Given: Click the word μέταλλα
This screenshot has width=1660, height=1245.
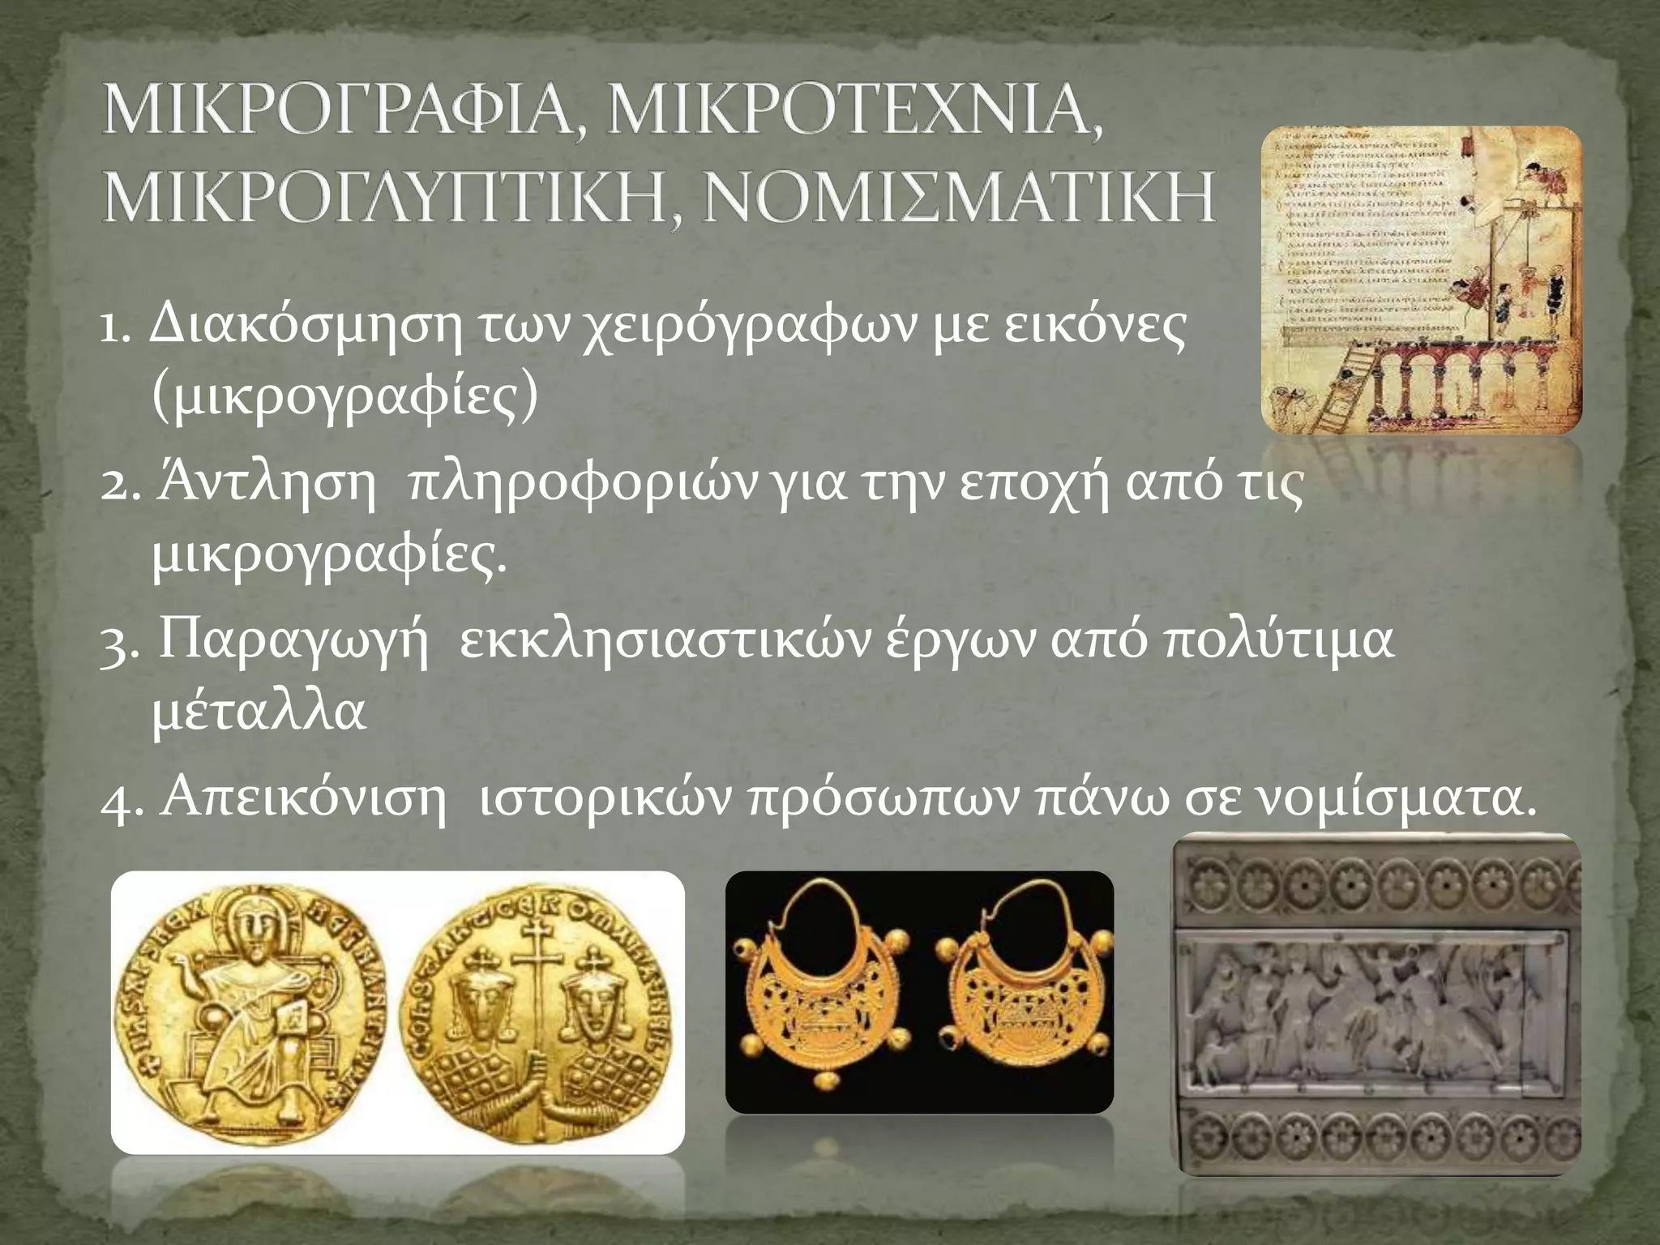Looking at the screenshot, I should click(259, 712).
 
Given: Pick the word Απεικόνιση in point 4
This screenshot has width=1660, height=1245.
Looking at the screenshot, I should click(304, 798).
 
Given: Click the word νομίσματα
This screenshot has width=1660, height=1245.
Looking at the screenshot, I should click(1394, 798).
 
